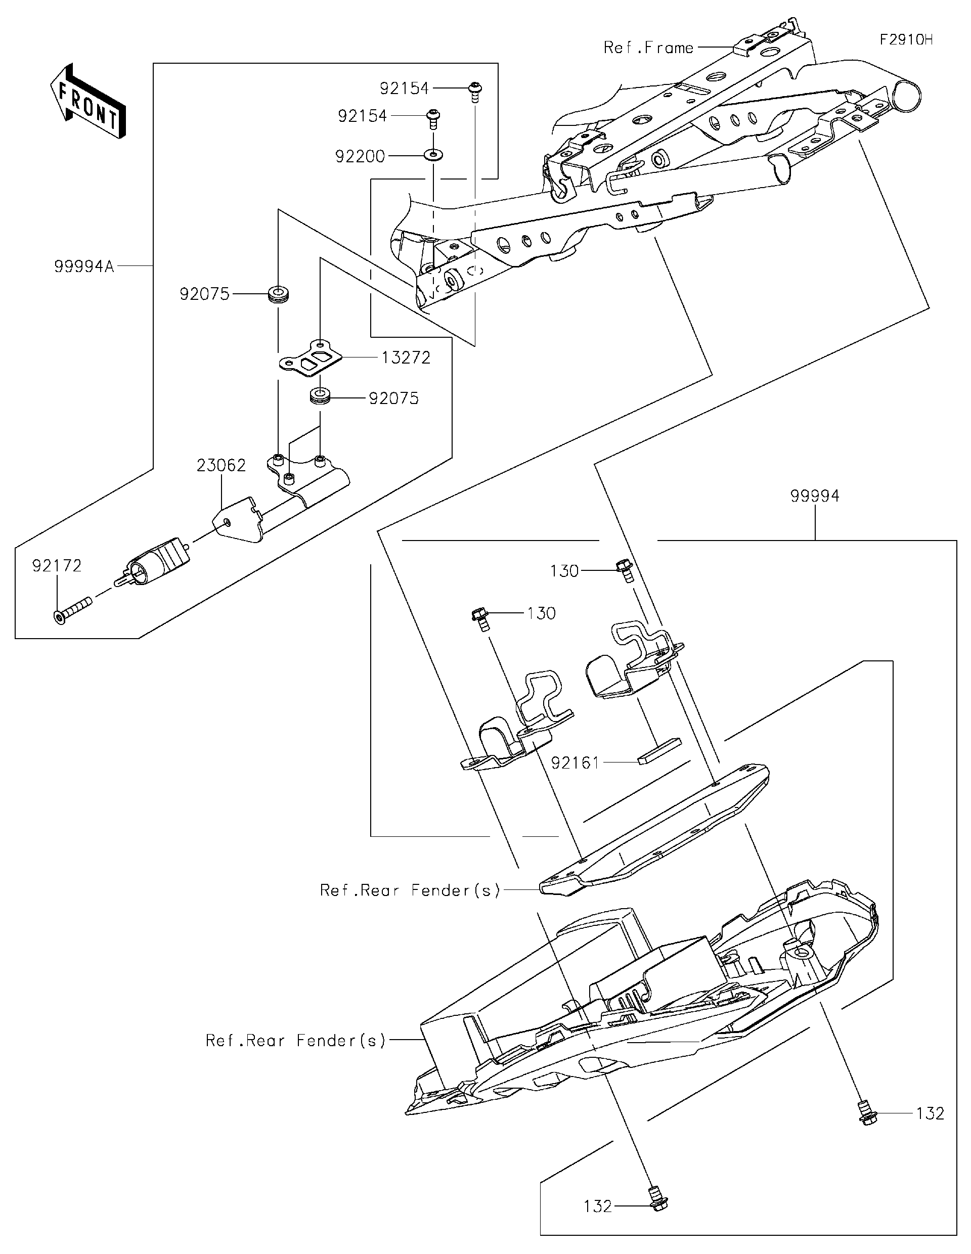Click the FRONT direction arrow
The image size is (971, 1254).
coord(88,101)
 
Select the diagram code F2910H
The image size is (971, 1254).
coord(906,39)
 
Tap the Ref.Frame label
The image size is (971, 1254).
coord(648,48)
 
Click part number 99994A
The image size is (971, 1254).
coord(84,266)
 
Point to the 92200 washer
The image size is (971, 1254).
coord(434,155)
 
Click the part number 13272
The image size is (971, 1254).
coord(406,357)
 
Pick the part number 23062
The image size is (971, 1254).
coord(221,465)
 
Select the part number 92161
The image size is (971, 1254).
coord(576,763)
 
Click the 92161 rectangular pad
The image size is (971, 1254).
coord(659,751)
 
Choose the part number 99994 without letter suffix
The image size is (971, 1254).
coord(815,496)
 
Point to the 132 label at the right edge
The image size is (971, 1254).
coord(930,1113)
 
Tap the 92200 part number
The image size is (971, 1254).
coord(360,156)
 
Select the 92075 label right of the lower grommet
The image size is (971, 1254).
coord(394,398)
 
